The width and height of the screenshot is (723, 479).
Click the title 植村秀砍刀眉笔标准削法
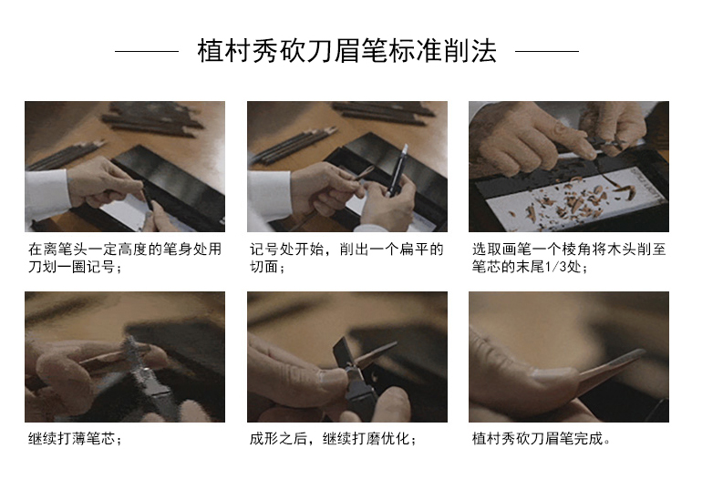tap(346, 51)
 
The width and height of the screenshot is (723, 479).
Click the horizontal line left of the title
tap(147, 51)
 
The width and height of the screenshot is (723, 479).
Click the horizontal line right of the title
tap(547, 51)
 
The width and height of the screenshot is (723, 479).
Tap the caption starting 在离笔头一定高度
tap(125, 258)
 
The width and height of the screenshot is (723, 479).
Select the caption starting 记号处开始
tap(346, 258)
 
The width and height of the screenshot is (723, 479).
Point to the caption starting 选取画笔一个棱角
tap(569, 258)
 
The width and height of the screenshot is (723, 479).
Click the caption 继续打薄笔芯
tap(75, 438)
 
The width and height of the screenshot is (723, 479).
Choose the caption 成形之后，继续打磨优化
tap(333, 438)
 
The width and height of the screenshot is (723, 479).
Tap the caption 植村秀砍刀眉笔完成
tap(542, 438)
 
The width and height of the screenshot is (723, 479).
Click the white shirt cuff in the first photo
tap(47, 193)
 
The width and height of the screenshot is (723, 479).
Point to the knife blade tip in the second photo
tap(406, 148)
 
